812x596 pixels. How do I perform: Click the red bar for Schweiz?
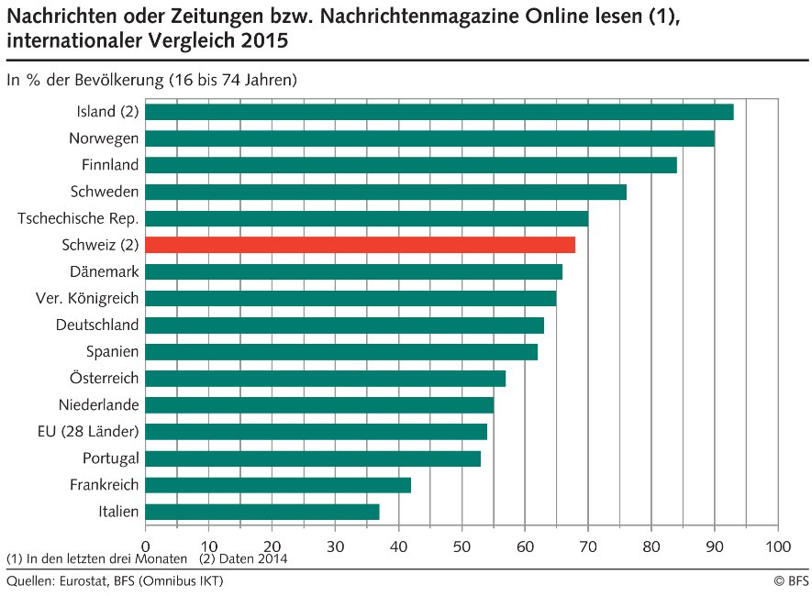click(360, 245)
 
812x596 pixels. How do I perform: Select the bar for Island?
click(439, 112)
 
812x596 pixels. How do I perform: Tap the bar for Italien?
click(261, 512)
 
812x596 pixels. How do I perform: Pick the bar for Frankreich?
click(277, 485)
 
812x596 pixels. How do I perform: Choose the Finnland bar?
click(410, 165)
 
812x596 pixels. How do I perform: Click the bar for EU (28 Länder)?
click(316, 432)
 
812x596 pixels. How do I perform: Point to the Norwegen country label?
click(104, 138)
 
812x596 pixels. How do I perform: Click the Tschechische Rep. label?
click(78, 218)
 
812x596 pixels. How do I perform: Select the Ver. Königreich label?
click(87, 298)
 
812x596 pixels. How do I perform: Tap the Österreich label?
click(104, 378)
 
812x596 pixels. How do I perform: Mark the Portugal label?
click(110, 458)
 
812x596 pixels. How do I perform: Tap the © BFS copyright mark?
click(791, 581)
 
